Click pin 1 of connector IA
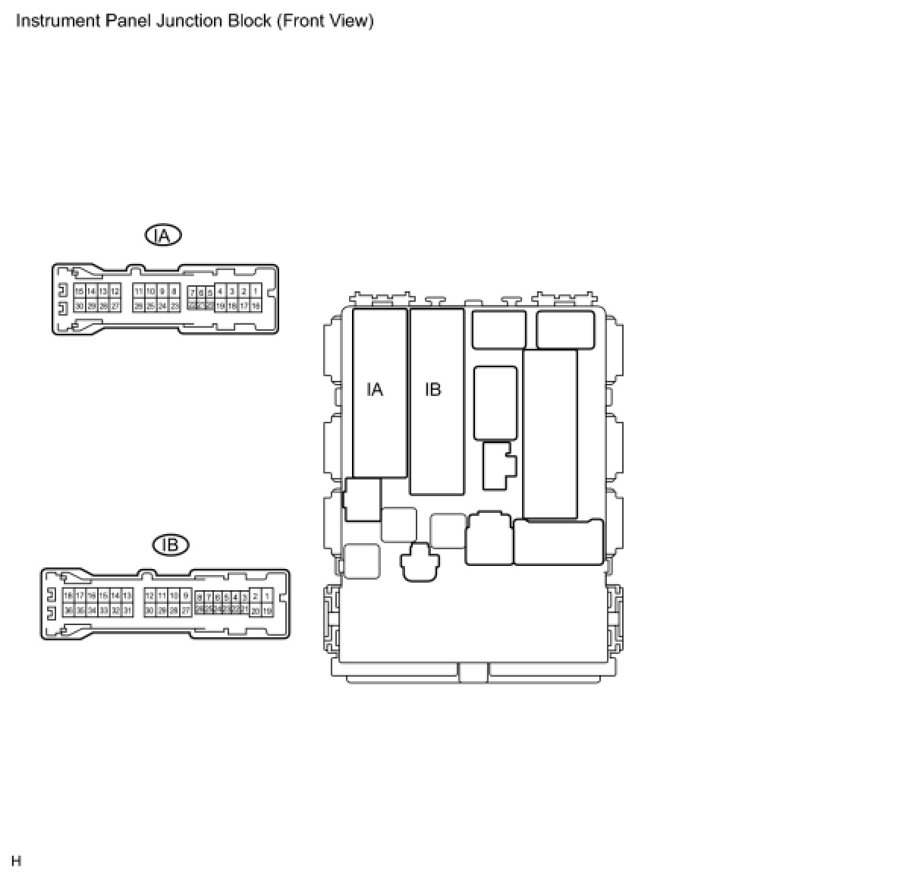point(256,291)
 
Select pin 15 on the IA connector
point(79,291)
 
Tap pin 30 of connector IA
point(79,306)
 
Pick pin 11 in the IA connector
point(138,291)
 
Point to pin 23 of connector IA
point(174,306)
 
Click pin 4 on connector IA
point(220,291)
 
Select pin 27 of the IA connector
point(115,306)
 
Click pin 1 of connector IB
point(267,596)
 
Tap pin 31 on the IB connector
point(127,611)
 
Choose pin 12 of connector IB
point(149,596)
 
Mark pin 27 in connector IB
point(186,611)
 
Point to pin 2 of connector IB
point(256,596)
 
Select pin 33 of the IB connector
point(104,611)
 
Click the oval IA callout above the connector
point(163,235)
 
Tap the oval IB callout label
point(171,545)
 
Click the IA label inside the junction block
point(375,390)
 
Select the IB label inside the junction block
point(432,390)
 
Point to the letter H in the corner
point(17,861)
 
